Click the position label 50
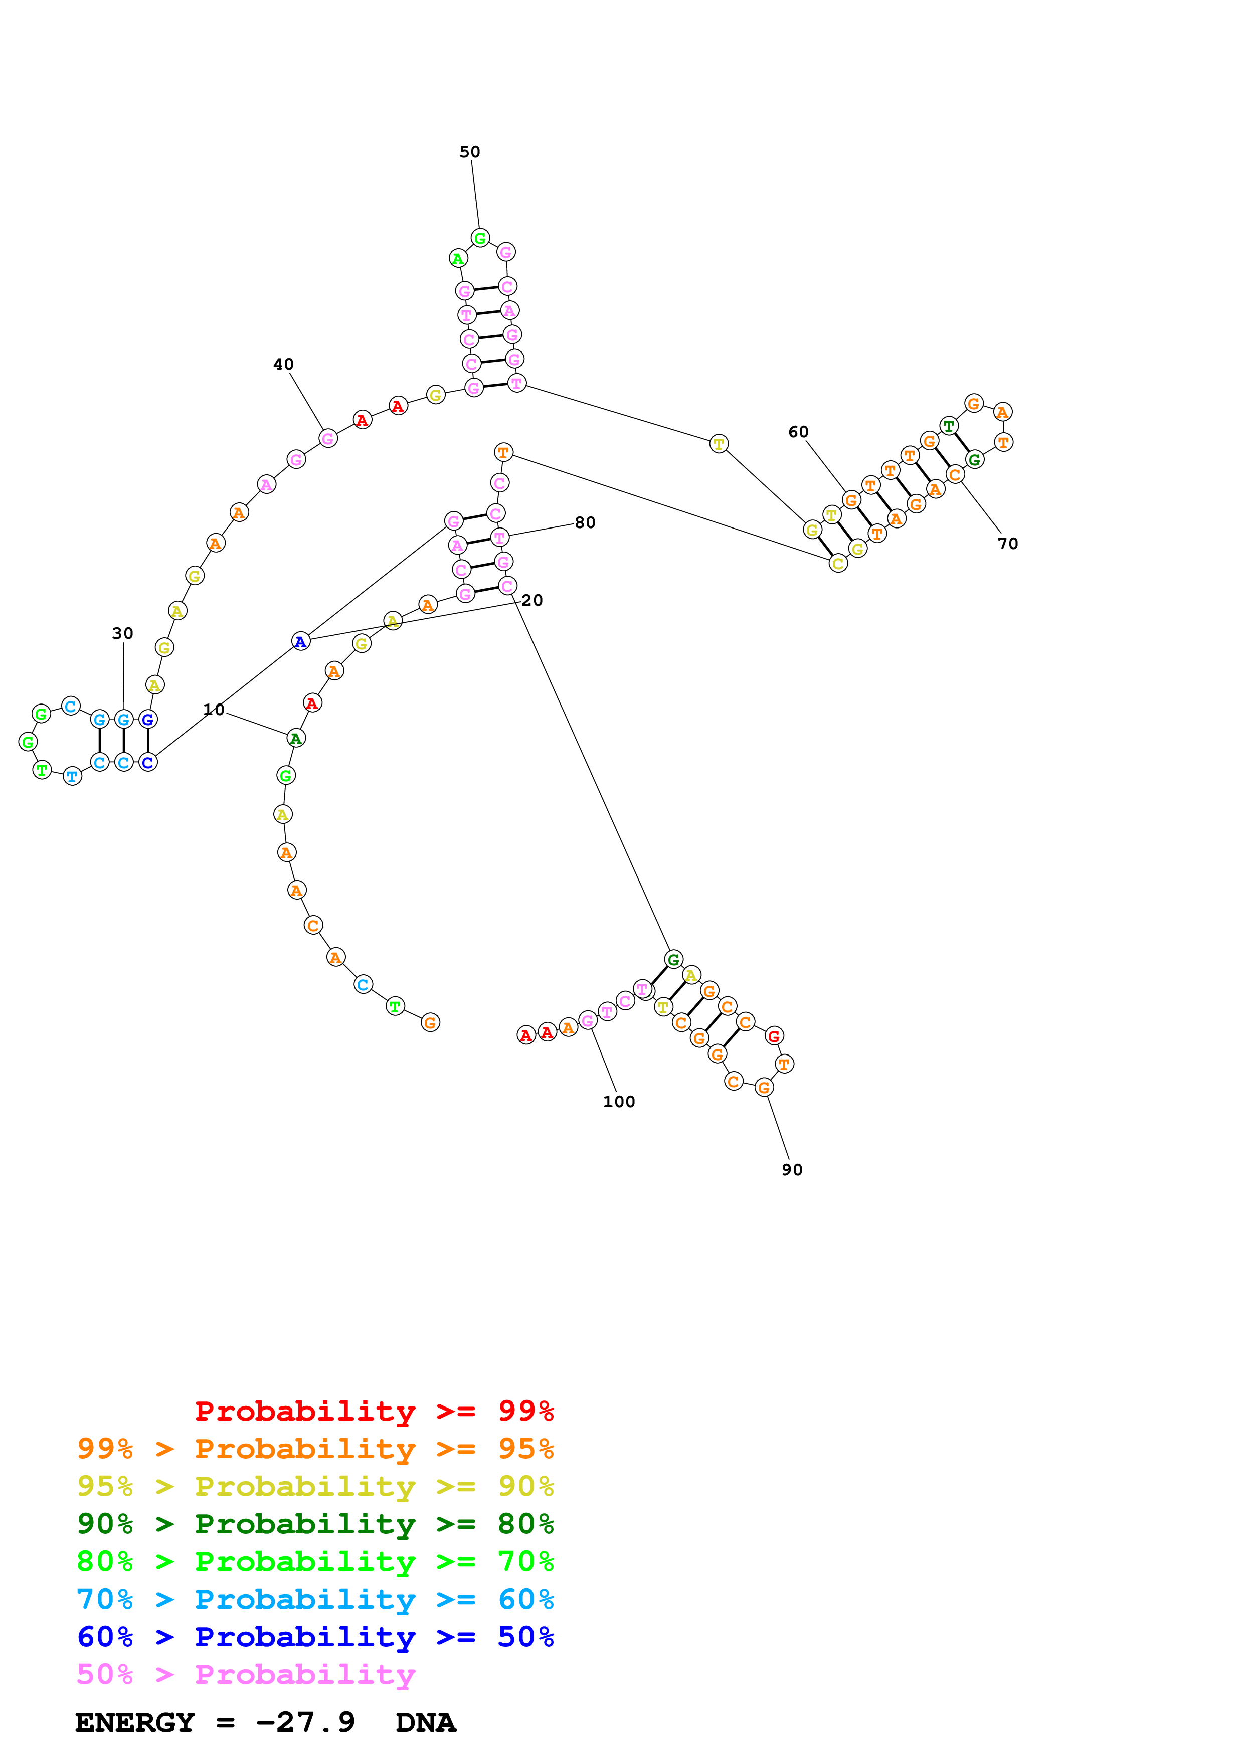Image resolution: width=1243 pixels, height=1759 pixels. [x=469, y=152]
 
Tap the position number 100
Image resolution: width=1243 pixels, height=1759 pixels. [x=619, y=1102]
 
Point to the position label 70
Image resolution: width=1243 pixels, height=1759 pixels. [x=1008, y=543]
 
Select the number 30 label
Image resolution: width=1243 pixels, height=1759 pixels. [x=122, y=633]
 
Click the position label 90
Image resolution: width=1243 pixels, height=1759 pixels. [x=792, y=1170]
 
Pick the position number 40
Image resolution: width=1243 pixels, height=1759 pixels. [x=283, y=364]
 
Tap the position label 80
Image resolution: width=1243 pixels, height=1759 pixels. [x=585, y=522]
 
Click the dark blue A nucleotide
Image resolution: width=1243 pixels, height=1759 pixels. [x=301, y=641]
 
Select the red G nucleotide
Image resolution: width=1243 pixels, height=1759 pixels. [x=774, y=1036]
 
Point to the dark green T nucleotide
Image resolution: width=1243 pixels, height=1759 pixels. [x=949, y=426]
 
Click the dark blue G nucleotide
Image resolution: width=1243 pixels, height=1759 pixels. [x=148, y=720]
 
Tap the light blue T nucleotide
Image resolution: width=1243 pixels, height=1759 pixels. [x=72, y=776]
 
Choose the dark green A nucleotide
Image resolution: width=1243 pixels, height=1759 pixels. [x=296, y=739]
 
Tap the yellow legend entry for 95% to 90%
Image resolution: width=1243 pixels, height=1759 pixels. [x=315, y=1486]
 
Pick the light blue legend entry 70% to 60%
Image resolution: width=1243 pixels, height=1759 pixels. [x=315, y=1599]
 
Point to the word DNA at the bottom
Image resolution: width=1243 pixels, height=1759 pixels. [x=426, y=1722]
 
